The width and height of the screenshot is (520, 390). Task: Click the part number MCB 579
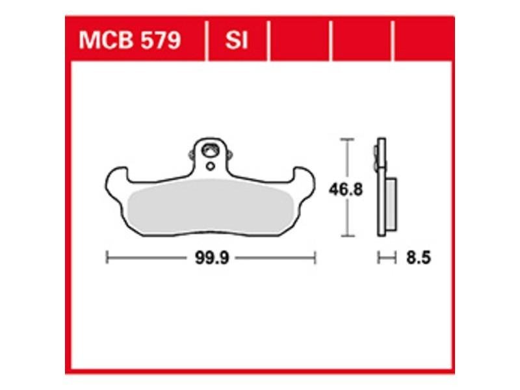point(129,40)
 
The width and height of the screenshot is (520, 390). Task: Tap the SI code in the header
point(237,40)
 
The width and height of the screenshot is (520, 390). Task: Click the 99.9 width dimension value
point(212,257)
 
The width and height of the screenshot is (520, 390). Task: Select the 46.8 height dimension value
point(346,190)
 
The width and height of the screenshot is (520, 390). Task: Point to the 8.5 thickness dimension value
point(419,257)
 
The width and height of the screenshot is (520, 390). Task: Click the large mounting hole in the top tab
point(210,150)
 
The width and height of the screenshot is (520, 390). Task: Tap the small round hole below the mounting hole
point(210,166)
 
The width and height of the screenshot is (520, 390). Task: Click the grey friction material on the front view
point(210,206)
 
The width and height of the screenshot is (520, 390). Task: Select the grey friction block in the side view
point(391,204)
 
